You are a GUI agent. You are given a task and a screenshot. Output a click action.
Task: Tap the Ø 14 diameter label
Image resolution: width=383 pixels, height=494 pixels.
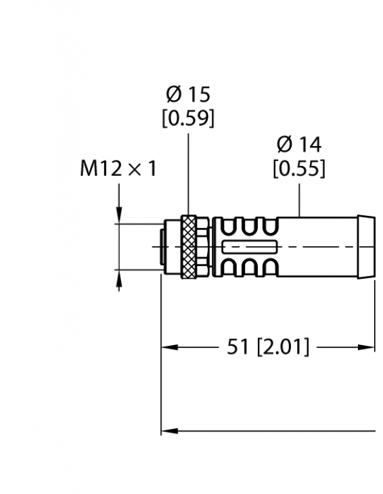click(x=298, y=144)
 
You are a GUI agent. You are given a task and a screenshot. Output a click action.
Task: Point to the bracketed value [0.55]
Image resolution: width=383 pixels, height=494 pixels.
click(x=298, y=168)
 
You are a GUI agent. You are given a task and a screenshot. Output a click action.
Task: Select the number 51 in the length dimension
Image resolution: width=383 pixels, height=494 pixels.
click(x=238, y=348)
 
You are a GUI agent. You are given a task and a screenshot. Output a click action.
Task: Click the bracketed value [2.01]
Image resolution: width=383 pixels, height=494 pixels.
click(x=284, y=348)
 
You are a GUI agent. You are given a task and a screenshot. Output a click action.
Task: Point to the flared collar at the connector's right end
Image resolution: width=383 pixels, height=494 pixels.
click(x=366, y=247)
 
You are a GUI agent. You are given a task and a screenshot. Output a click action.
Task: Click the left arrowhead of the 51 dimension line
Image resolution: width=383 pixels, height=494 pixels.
click(x=168, y=348)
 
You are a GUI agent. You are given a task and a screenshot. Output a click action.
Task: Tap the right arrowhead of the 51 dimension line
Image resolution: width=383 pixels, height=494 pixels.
click(x=368, y=348)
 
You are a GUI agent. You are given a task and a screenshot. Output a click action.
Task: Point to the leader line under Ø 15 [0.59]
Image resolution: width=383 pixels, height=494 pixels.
click(x=189, y=173)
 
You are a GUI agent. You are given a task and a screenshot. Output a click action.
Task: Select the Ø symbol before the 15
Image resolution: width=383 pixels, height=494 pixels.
click(x=172, y=95)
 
